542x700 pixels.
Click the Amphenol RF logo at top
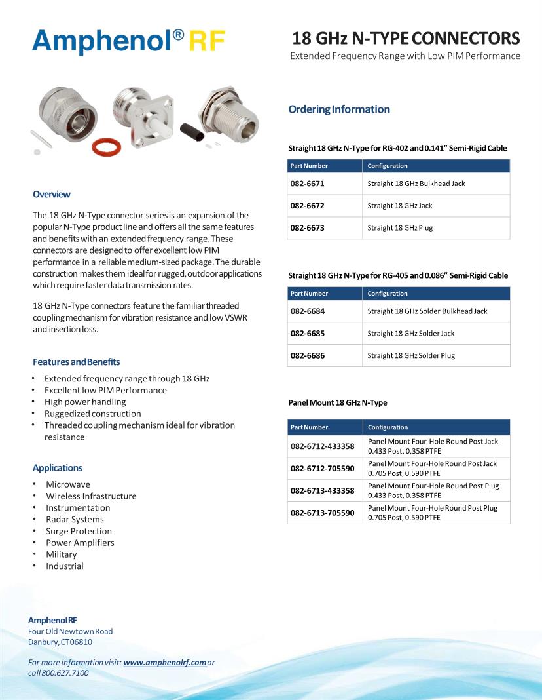(x=129, y=42)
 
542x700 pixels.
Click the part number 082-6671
(x=308, y=184)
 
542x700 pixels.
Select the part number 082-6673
(x=308, y=228)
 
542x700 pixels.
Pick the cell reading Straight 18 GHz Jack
(x=400, y=206)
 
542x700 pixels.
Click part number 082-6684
(x=308, y=311)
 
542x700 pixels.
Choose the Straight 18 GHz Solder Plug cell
(x=411, y=355)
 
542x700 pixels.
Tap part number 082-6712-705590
(x=323, y=469)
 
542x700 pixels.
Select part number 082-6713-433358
(x=323, y=491)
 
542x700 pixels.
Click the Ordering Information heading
(x=339, y=109)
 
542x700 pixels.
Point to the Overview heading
(x=52, y=194)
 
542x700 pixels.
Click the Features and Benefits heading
(x=77, y=362)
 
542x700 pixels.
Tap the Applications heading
(x=58, y=468)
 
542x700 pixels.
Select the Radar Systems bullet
(x=75, y=519)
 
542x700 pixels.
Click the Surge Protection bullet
(x=79, y=531)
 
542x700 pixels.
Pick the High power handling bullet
(x=85, y=402)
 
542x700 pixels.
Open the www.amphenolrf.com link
(x=165, y=663)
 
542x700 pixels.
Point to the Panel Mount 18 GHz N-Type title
(x=338, y=402)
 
